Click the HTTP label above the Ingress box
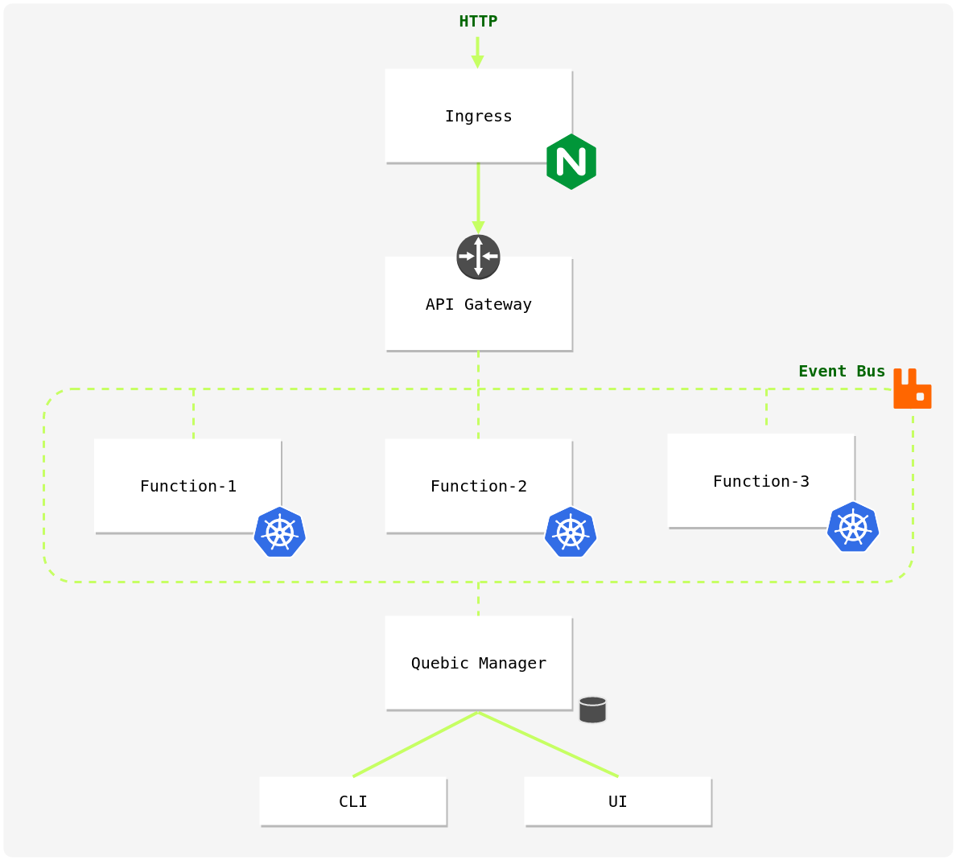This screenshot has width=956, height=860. [478, 22]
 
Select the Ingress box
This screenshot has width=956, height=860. [478, 116]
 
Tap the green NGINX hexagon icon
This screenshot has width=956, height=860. [571, 162]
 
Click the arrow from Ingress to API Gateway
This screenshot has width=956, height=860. [478, 197]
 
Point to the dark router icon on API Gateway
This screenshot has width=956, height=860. [478, 257]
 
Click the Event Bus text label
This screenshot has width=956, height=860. [841, 371]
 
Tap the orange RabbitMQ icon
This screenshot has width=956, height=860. [912, 389]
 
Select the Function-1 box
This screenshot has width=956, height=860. [187, 485]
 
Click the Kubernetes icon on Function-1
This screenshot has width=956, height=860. [279, 532]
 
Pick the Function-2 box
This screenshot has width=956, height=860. [478, 485]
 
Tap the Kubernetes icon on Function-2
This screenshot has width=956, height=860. [571, 532]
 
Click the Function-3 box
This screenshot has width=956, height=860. [760, 480]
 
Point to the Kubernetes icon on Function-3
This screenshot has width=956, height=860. [853, 527]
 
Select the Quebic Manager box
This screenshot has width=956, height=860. [478, 663]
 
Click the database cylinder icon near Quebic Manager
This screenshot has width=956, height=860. [592, 710]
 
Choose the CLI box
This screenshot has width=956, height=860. [352, 801]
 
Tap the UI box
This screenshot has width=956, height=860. [617, 801]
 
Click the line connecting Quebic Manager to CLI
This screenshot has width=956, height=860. [415, 744]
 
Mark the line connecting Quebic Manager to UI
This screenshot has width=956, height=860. [548, 744]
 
